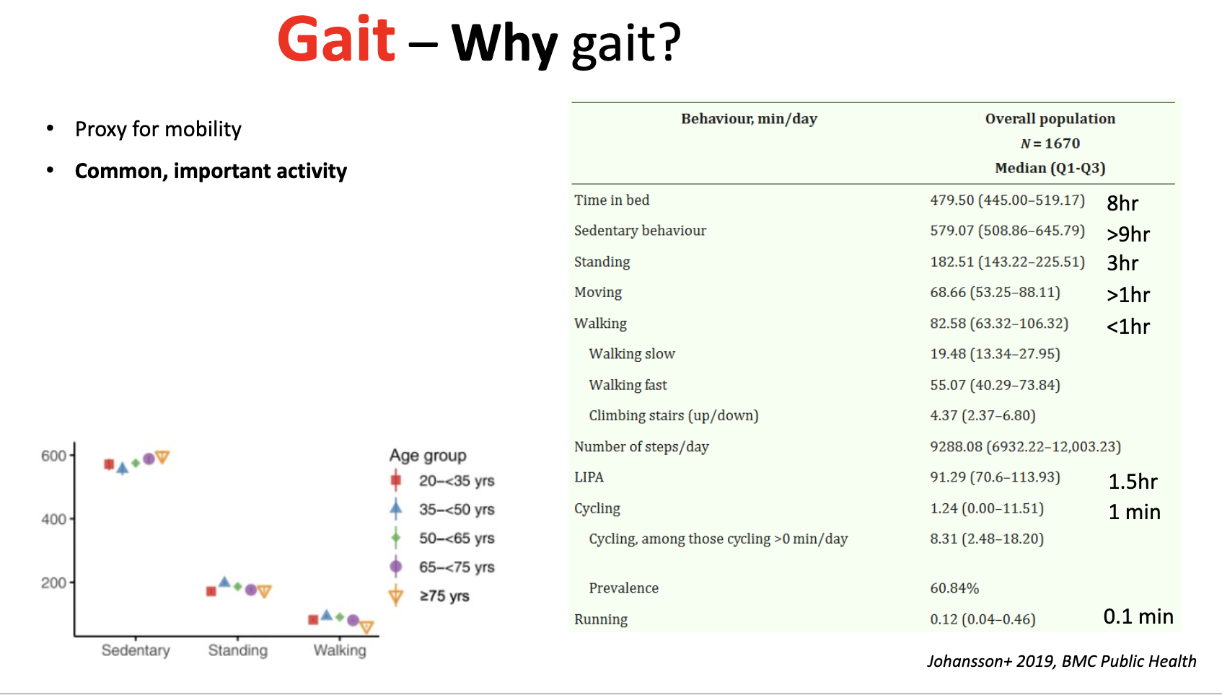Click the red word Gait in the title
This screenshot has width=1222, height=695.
tap(336, 40)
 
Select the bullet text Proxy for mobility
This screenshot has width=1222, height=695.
tap(158, 129)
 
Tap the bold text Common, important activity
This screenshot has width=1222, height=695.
tap(211, 171)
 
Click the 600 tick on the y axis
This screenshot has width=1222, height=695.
tap(53, 456)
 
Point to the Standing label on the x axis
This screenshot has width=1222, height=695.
tap(237, 650)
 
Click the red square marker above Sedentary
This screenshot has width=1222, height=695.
tap(109, 464)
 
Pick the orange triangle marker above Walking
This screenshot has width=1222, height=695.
tap(366, 627)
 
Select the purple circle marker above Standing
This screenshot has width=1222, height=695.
tap(250, 590)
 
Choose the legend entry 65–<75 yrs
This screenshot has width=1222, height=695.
tap(456, 567)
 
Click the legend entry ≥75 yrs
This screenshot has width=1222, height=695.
tap(444, 596)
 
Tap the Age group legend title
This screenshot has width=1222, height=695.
tap(428, 456)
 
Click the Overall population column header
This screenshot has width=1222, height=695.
tap(1050, 119)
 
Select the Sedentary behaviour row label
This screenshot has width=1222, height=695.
tap(640, 231)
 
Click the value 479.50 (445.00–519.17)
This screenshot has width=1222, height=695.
tap(1007, 200)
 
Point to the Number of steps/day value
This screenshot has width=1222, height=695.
tap(1025, 447)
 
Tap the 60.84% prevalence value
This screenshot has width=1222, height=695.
tap(954, 588)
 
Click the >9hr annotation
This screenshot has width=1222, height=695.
tap(1128, 234)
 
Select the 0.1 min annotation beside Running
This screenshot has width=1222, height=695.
tap(1138, 616)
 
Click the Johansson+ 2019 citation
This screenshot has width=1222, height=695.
tap(1061, 661)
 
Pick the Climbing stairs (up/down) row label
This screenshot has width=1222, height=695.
tap(673, 416)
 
